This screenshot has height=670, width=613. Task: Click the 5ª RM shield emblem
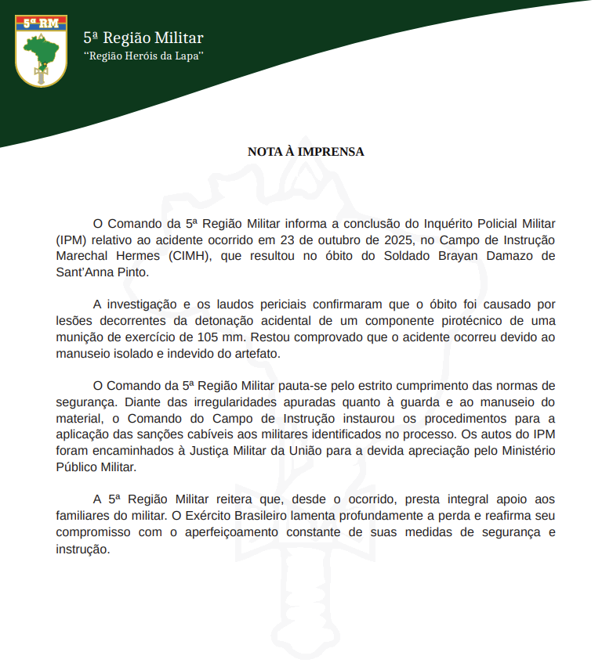pos(40,50)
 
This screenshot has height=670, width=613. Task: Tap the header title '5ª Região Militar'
pos(143,38)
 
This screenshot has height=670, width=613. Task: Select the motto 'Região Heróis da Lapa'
pos(143,56)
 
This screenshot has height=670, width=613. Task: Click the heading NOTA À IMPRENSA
pos(306,152)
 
